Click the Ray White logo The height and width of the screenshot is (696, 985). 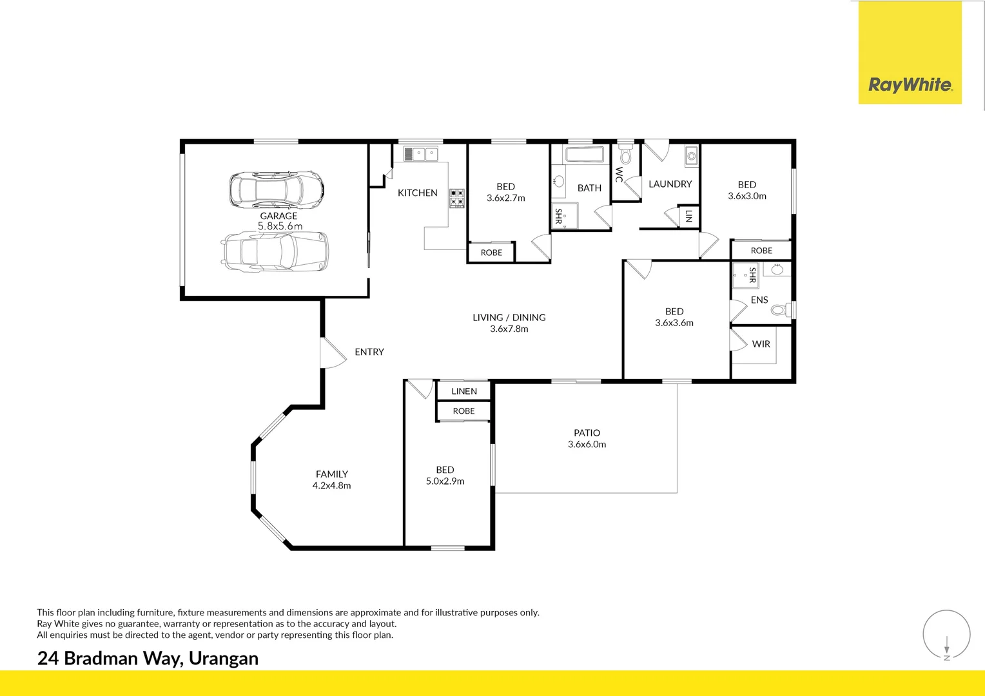click(910, 52)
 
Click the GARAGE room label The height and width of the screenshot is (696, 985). click(278, 216)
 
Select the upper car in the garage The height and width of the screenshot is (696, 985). click(277, 190)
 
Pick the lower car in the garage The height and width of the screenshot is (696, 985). click(275, 251)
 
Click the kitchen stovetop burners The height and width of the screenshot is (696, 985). click(457, 198)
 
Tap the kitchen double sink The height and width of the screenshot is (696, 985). click(421, 154)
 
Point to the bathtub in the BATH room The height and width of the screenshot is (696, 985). click(585, 154)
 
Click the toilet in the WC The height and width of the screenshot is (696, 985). click(625, 153)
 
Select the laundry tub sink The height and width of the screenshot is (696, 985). click(692, 156)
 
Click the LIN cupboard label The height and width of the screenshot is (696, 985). click(688, 216)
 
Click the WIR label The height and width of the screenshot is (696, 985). click(761, 344)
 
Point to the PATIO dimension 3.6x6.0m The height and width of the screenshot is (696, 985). click(587, 444)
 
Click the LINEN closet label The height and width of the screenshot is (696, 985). click(464, 391)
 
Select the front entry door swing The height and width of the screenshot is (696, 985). click(333, 353)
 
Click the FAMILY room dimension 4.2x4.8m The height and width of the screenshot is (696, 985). click(331, 485)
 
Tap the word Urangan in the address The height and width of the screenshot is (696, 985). click(224, 658)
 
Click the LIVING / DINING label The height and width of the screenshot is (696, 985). click(509, 317)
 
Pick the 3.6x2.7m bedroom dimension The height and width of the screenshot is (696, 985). click(505, 198)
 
